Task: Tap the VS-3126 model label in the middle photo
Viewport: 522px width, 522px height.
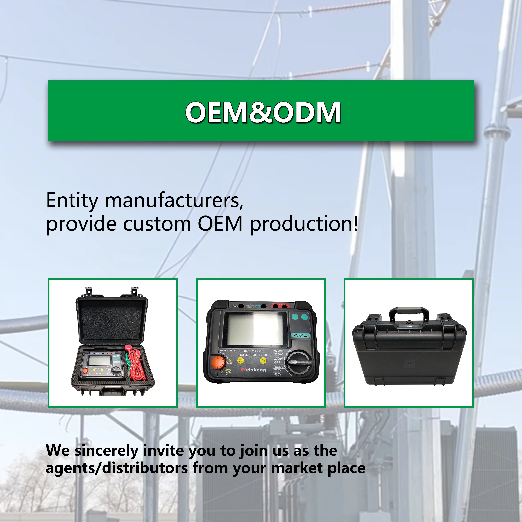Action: coord(301,335)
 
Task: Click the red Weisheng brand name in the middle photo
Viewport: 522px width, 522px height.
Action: coord(253,370)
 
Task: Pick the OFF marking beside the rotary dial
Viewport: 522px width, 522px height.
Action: coord(277,362)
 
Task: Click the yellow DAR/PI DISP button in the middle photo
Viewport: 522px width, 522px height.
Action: coord(240,360)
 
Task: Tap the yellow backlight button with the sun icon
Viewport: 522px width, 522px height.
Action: coord(263,360)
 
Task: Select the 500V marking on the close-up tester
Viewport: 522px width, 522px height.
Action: coord(278,374)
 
